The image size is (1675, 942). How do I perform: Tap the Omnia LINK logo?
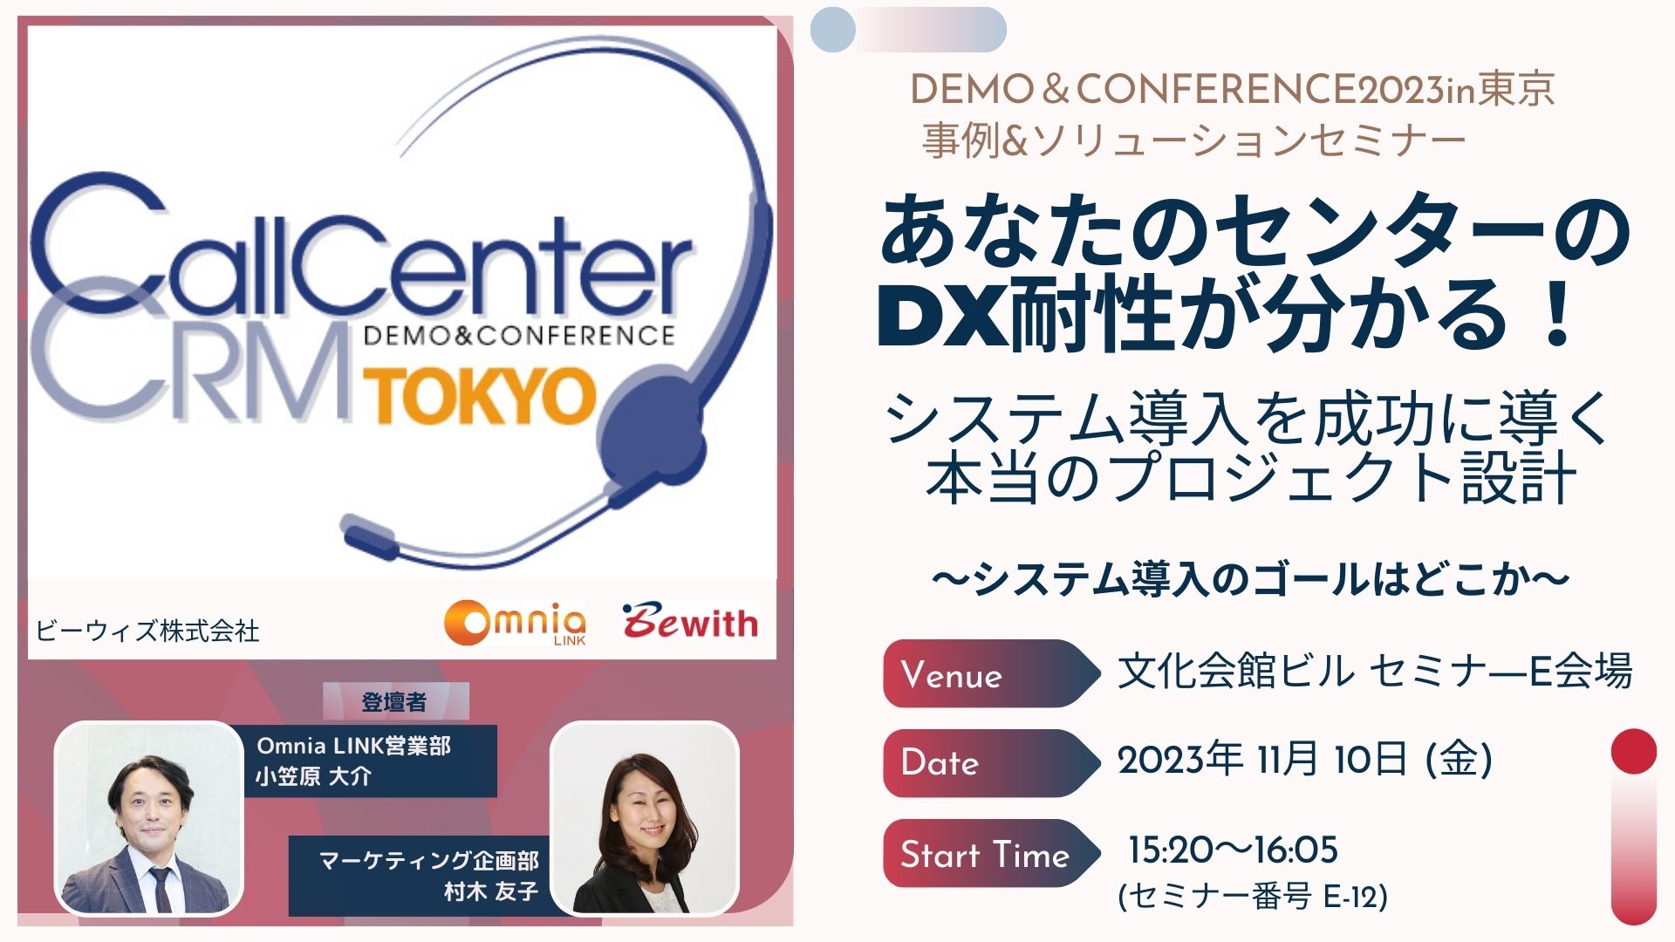pos(515,623)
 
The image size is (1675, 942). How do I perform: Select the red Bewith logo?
pos(689,621)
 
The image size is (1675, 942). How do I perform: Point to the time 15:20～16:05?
pos(1233,850)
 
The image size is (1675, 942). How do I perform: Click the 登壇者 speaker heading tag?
pos(395,701)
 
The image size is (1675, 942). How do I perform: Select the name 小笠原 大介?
pos(313,776)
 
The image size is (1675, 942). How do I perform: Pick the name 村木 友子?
pos(491,891)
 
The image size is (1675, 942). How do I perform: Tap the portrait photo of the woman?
pos(645,818)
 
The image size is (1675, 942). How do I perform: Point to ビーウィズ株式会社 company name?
pos(147,631)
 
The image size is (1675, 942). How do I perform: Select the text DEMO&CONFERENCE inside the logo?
pos(519,336)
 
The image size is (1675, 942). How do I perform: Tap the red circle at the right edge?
pos(1633,751)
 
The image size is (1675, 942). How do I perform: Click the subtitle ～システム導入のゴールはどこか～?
pos(1251,579)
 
